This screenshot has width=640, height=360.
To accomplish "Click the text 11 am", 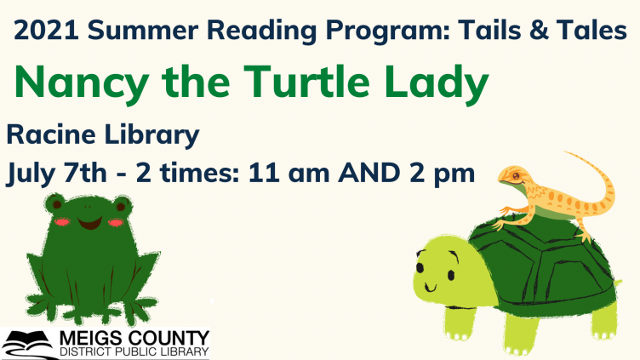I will (x=287, y=172).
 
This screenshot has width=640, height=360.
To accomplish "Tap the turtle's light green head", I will (x=438, y=268).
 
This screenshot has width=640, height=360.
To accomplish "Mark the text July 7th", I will (x=56, y=172).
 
